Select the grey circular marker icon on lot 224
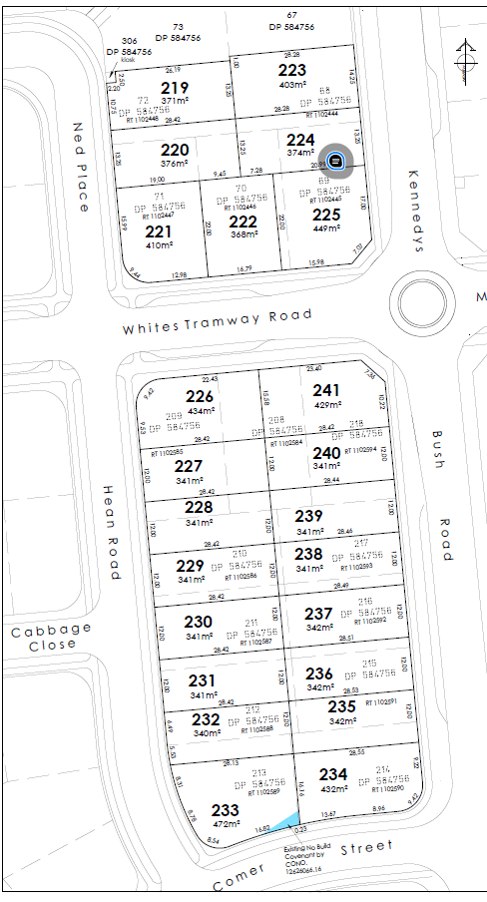click(336, 160)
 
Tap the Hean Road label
click(112, 533)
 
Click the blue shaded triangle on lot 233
click(286, 821)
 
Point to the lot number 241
click(326, 390)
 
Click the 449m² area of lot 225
click(326, 227)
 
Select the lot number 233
click(227, 811)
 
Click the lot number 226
click(200, 396)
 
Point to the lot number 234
click(333, 773)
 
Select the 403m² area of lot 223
click(291, 84)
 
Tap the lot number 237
click(318, 613)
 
